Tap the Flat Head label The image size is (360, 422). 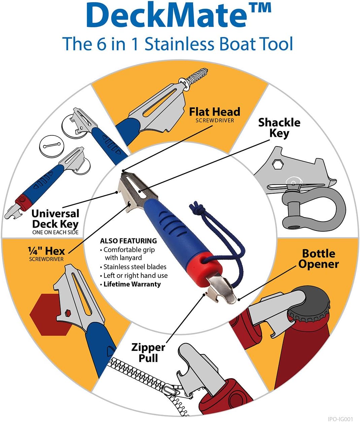click(x=215, y=112)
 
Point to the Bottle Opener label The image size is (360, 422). click(x=318, y=259)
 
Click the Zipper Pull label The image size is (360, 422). click(x=148, y=352)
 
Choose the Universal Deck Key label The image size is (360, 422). click(x=55, y=219)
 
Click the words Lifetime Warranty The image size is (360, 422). click(x=132, y=284)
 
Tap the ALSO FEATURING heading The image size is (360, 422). click(x=128, y=241)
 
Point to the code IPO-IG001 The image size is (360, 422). click(x=340, y=419)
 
